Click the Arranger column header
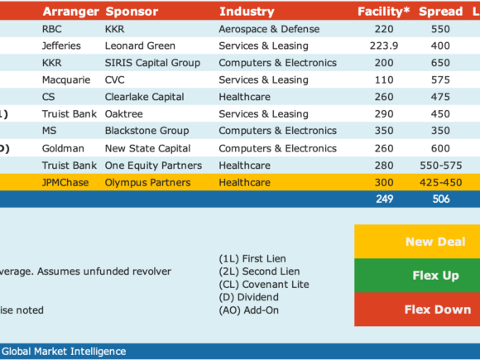(70, 12)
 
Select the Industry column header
(247, 12)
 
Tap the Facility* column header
(383, 12)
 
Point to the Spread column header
(440, 12)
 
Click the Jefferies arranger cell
(61, 46)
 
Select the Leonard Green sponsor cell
(140, 46)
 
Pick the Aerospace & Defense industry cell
(269, 29)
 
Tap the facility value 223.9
(384, 46)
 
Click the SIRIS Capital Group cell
(152, 63)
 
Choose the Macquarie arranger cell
(66, 80)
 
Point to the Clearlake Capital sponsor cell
(145, 97)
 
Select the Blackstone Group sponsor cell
(147, 131)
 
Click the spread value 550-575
(441, 166)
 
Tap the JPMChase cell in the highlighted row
(65, 183)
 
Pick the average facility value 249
(385, 199)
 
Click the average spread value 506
(441, 199)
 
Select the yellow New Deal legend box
(417, 242)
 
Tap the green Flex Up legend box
(417, 276)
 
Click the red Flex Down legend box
(417, 310)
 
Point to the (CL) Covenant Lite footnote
(264, 285)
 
